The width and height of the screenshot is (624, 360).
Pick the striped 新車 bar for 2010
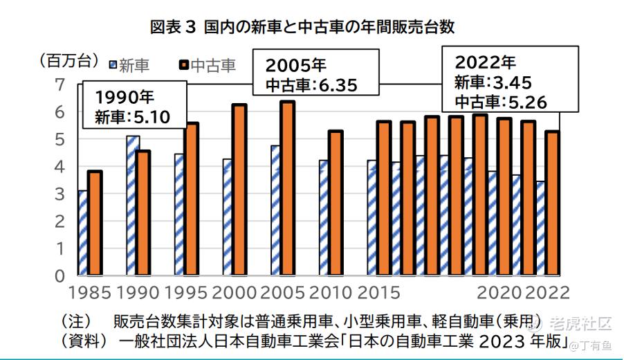(x=324, y=217)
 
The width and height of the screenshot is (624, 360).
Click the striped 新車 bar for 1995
(x=179, y=215)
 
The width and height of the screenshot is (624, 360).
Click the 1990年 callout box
(x=134, y=105)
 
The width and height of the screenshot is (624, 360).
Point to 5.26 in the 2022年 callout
(x=526, y=102)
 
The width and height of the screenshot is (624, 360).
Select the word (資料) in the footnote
(x=84, y=341)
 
